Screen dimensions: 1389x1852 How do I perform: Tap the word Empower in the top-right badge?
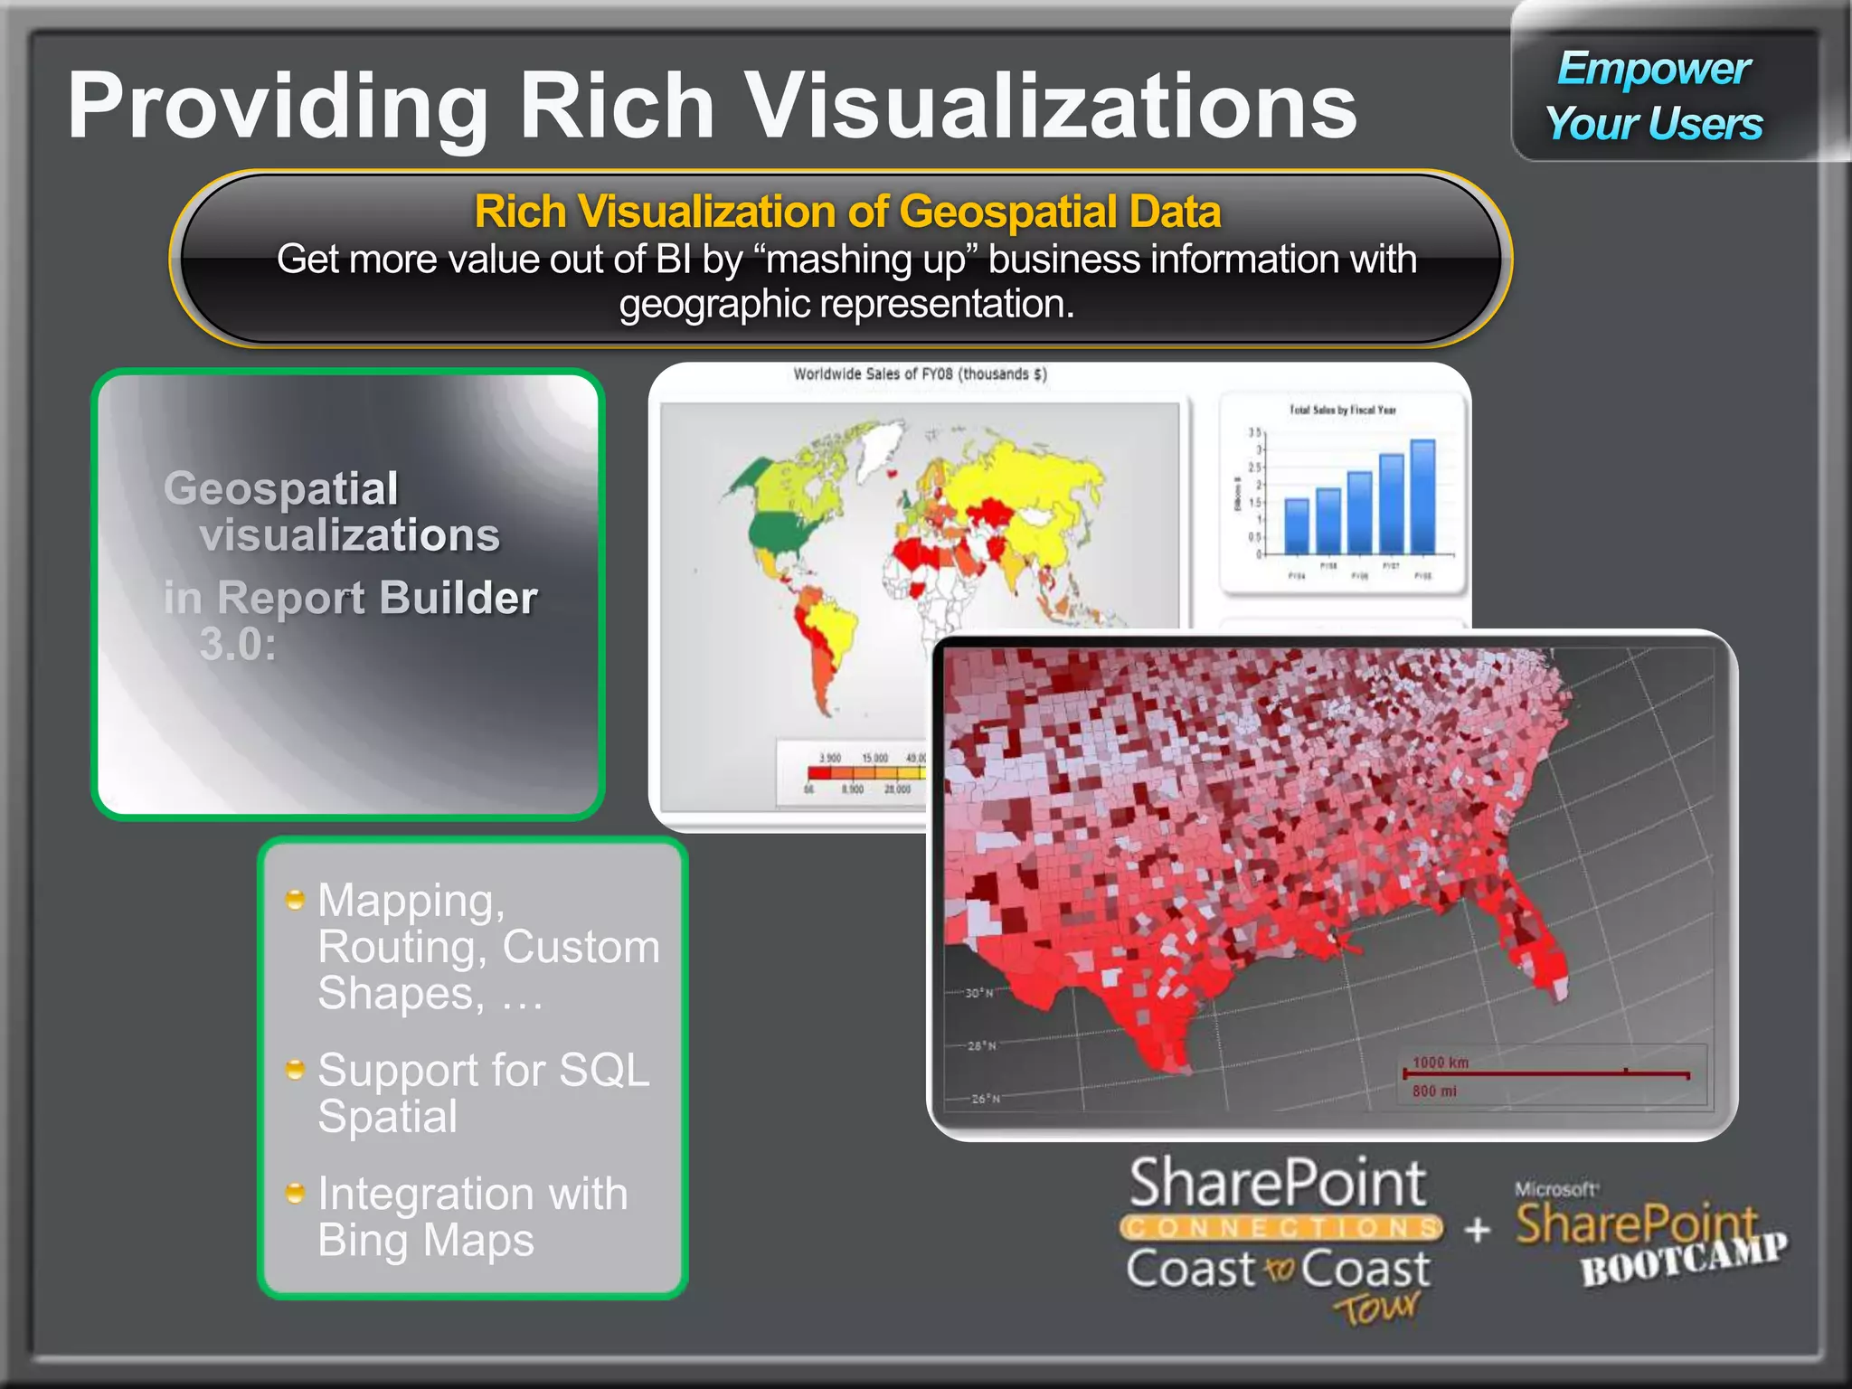click(x=1653, y=69)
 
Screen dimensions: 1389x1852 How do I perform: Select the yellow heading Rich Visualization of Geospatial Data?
click(x=847, y=212)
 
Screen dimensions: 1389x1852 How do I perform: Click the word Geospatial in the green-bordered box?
click(x=280, y=488)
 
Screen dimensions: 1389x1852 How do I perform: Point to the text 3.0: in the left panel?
click(x=238, y=644)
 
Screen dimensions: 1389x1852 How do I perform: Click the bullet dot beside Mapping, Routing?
click(x=295, y=899)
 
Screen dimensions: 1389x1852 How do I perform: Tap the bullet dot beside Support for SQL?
click(x=295, y=1070)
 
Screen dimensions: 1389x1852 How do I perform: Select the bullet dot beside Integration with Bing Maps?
click(x=295, y=1193)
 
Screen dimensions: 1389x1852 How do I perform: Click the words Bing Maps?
click(x=426, y=1240)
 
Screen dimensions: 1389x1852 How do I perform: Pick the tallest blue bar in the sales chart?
click(x=1422, y=496)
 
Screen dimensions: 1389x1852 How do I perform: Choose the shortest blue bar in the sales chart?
click(x=1296, y=525)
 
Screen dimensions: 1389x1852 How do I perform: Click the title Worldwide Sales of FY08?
click(x=920, y=374)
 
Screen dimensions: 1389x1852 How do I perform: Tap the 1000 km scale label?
click(x=1441, y=1063)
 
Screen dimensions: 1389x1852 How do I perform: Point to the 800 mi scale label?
click(x=1434, y=1091)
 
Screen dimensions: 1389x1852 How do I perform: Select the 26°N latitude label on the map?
click(x=985, y=1099)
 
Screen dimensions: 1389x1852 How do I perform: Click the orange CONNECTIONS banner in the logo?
click(x=1280, y=1228)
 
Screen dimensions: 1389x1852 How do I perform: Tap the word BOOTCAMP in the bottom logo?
click(x=1684, y=1259)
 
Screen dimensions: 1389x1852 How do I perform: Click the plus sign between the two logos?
click(x=1478, y=1229)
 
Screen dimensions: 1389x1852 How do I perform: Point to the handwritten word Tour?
click(x=1376, y=1308)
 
